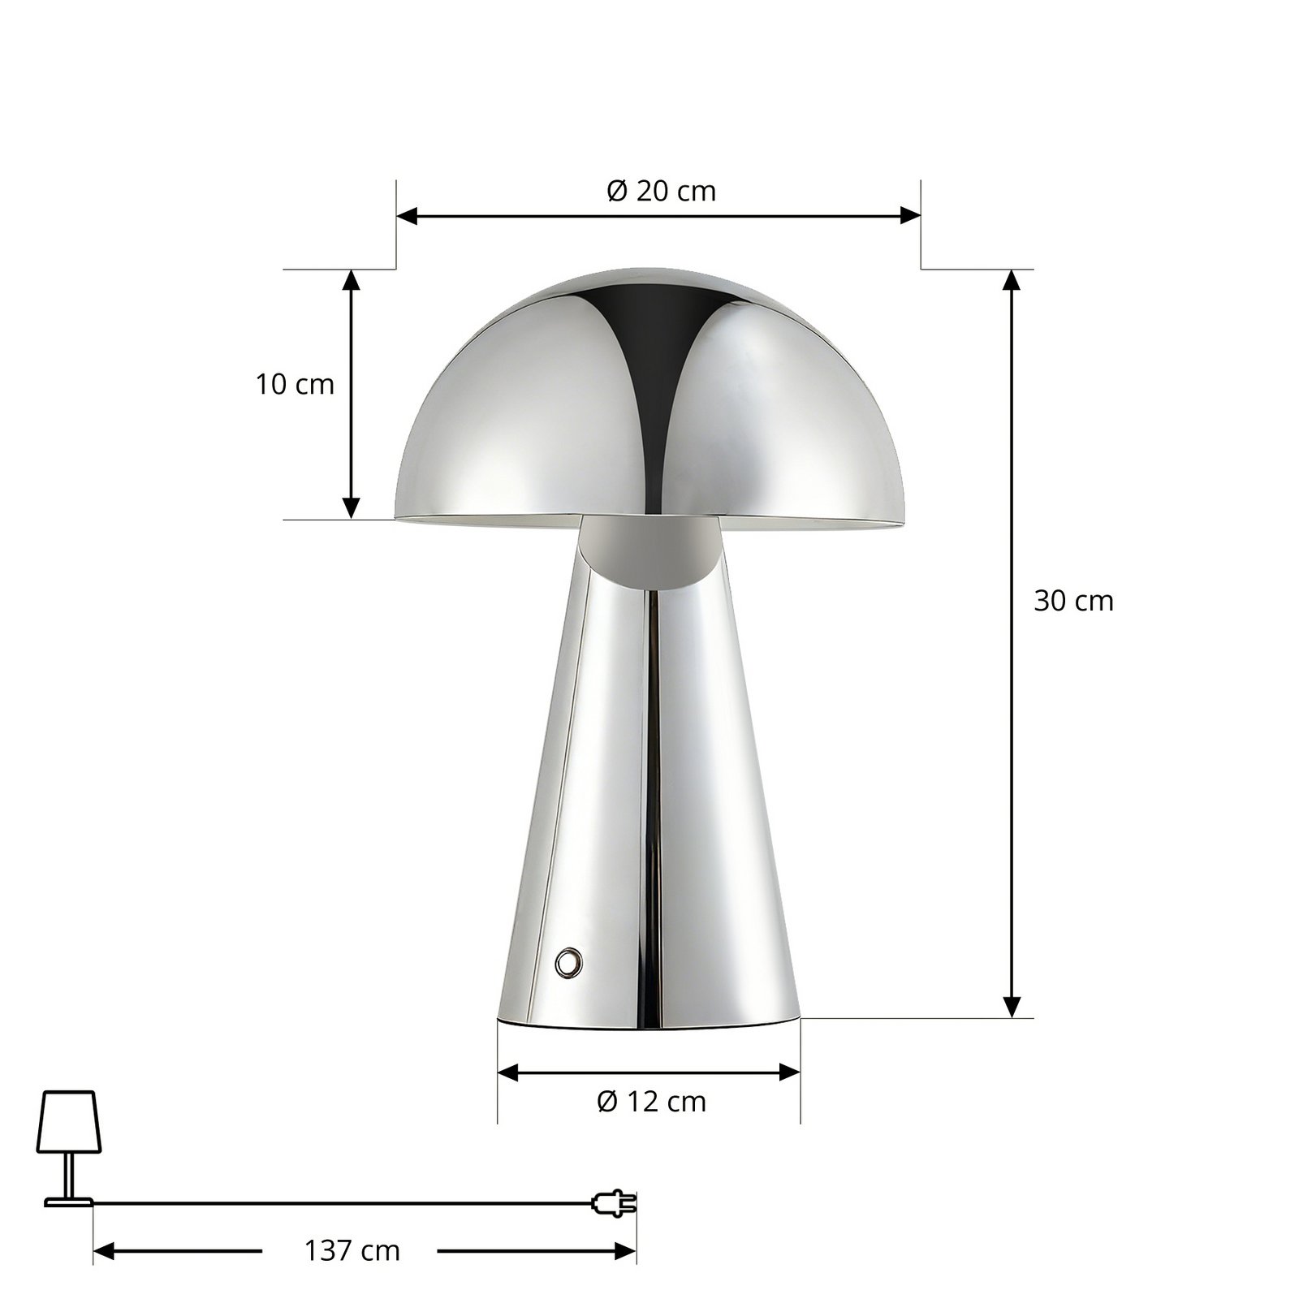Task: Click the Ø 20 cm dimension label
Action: tap(661, 192)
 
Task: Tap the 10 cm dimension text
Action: tap(295, 384)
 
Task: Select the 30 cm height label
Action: tap(1073, 601)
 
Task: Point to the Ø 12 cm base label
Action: tap(651, 1102)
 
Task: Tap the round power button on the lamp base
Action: tap(568, 963)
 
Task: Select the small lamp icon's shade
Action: tap(69, 1121)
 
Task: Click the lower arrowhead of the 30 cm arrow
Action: tap(1011, 1008)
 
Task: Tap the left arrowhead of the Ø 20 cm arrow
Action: tap(406, 216)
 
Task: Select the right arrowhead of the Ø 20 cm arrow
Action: tap(911, 216)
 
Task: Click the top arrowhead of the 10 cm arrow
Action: tap(351, 279)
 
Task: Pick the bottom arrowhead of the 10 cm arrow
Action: tap(351, 508)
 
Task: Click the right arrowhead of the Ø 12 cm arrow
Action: tap(790, 1072)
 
